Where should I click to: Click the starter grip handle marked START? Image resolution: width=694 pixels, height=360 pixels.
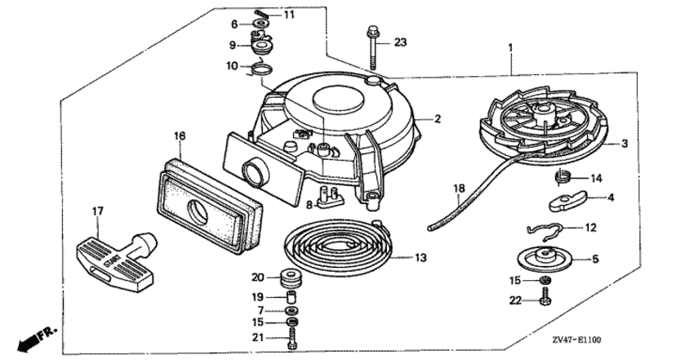117,258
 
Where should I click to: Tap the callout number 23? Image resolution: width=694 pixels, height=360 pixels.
400,42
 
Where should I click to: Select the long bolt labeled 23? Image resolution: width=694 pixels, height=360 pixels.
372,49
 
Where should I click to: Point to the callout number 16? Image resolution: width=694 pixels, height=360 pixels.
180,136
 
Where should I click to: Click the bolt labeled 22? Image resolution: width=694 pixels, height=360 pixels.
545,296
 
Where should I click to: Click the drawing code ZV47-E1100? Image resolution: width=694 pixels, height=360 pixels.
576,340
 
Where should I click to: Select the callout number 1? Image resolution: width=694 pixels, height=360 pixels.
510,47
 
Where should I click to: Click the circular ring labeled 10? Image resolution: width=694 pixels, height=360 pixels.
260,69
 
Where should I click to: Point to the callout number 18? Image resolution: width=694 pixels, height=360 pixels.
459,188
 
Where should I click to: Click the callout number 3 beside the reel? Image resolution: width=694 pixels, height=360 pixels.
625,144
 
